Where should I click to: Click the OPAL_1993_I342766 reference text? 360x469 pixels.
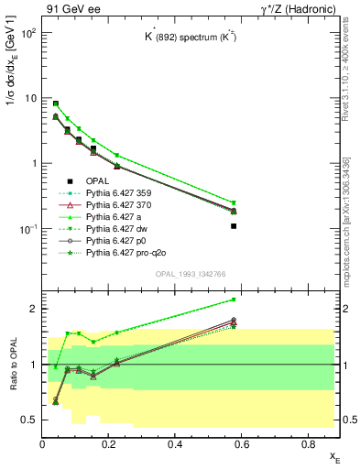pos(190,274)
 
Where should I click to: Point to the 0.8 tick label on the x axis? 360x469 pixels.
pos(309,444)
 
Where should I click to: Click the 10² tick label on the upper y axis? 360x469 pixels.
pos(28,33)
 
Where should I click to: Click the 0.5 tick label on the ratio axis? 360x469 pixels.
pos(29,420)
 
